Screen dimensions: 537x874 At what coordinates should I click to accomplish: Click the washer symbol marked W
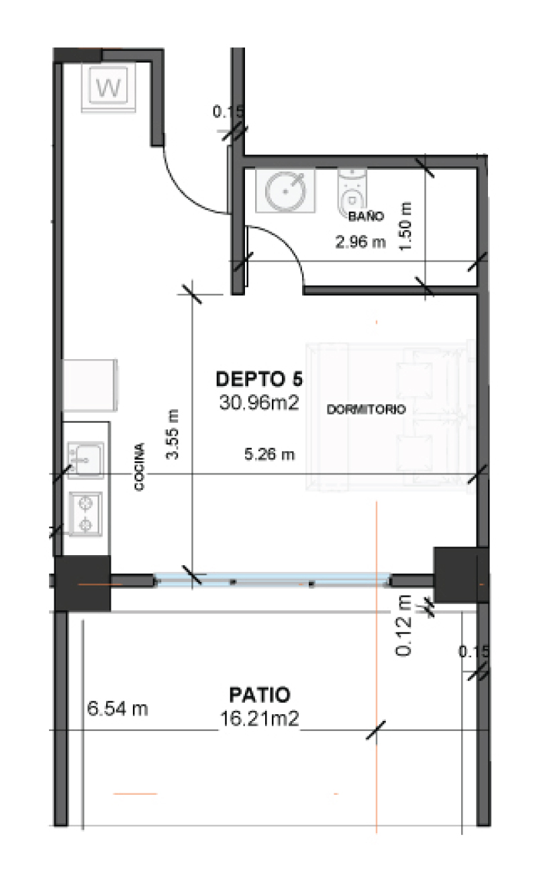click(108, 88)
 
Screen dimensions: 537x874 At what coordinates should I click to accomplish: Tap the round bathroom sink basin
click(285, 191)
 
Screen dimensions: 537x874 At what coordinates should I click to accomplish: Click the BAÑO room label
click(366, 216)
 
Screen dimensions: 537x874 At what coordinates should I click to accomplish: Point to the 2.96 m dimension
click(360, 242)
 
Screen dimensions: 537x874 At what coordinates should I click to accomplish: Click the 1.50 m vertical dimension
click(405, 227)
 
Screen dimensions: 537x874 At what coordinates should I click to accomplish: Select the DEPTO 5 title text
click(259, 379)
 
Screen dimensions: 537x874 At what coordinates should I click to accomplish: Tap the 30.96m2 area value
click(259, 402)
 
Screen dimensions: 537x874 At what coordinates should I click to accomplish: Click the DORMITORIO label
click(366, 409)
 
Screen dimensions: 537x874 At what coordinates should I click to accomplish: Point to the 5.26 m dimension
click(269, 454)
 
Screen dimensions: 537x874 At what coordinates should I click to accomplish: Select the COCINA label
click(139, 467)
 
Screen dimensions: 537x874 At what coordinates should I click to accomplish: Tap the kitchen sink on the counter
click(85, 460)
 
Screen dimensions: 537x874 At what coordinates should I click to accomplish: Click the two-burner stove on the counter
click(85, 514)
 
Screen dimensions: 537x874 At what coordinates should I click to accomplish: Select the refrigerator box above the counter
click(90, 385)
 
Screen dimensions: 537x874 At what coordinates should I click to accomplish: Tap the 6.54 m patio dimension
click(117, 709)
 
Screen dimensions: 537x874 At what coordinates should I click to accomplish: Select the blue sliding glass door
click(272, 580)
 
